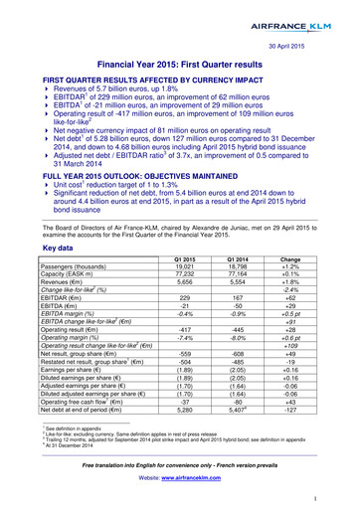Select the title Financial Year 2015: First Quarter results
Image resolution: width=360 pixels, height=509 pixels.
[x=179, y=65]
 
